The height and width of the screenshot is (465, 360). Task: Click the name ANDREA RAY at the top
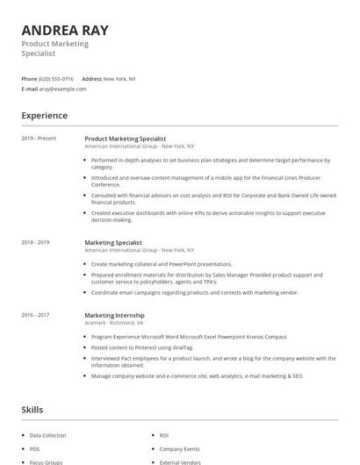pos(64,30)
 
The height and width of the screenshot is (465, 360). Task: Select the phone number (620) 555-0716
pos(56,79)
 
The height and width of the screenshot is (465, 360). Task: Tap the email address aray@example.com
pos(63,89)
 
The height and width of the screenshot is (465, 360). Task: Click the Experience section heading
pos(45,116)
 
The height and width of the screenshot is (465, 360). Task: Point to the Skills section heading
pos(33,410)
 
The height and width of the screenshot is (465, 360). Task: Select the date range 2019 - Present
pos(39,139)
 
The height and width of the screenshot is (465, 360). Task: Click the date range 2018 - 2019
pos(36,242)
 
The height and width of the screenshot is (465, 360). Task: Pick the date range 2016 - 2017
pos(36,315)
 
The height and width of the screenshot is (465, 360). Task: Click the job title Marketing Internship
pos(115,315)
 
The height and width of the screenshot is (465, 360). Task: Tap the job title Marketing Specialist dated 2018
pos(113,242)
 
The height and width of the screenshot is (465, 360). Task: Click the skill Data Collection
pos(47,435)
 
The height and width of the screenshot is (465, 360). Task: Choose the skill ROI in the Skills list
pos(164,435)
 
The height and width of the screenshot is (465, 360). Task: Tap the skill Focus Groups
pos(46,461)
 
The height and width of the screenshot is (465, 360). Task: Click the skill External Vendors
pos(180,461)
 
